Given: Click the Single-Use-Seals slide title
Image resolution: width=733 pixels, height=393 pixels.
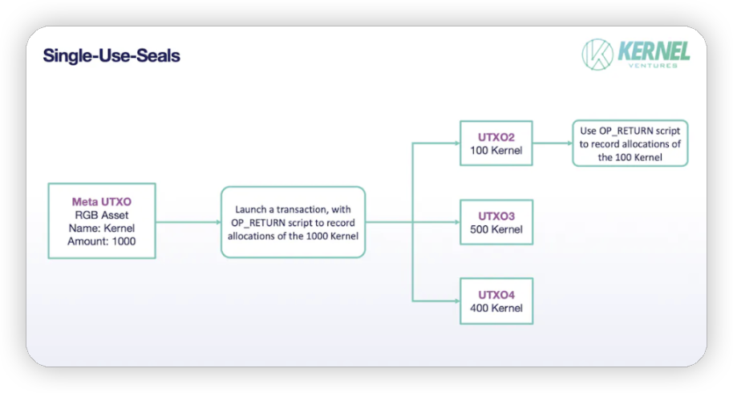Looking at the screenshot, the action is pos(111,55).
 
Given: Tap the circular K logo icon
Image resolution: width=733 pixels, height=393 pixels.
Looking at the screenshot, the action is pos(597,55).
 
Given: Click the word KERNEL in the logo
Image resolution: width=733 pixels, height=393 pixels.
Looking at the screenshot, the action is pos(654,51).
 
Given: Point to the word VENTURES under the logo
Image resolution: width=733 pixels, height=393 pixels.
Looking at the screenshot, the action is pos(653,66).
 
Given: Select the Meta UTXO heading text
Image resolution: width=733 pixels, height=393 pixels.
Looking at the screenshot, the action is pos(101,202).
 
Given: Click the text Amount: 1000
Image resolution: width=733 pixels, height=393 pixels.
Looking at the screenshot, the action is pos(101,241).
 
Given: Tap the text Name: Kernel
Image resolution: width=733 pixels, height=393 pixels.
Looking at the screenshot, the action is pos(101,228).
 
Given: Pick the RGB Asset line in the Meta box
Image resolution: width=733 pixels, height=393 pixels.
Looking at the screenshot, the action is pos(101,215).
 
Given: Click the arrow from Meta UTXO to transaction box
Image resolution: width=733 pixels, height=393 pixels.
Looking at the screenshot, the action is pos(188,222).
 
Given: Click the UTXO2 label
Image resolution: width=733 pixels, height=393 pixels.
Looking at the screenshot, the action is pos(496,137).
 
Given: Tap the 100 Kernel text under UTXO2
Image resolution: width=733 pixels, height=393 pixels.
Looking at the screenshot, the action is pos(496,151).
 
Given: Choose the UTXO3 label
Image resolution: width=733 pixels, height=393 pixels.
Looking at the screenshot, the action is pos(496,217).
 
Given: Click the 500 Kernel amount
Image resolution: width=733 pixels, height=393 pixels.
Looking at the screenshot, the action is pos(496,229).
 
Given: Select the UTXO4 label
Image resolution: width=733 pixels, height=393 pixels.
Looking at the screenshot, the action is pos(496,295).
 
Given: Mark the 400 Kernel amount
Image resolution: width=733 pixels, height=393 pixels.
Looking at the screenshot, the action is pos(496,308).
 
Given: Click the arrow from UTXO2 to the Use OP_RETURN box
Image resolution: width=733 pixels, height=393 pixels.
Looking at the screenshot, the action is pos(553,143).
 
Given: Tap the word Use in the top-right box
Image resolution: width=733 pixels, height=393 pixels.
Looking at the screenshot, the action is pos(588,131).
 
